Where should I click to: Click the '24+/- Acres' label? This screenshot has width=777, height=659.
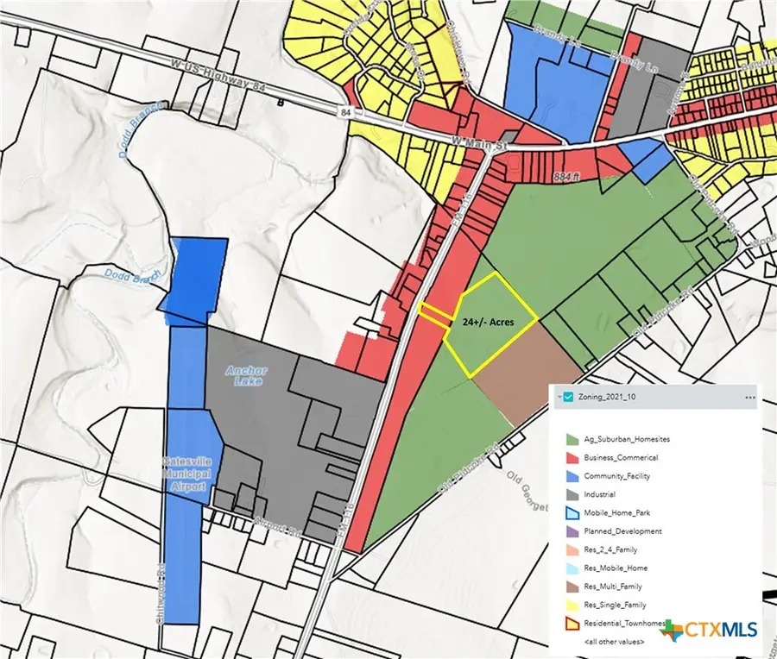click(488, 322)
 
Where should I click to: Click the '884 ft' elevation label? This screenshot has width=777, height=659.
click(566, 178)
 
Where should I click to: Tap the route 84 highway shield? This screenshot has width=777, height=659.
click(344, 112)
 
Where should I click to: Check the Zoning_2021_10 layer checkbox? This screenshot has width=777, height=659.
click(567, 397)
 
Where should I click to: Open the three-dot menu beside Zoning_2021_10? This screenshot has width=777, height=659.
click(749, 397)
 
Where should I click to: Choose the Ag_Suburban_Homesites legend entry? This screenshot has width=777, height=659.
click(626, 439)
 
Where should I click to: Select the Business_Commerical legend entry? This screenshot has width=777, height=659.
click(620, 457)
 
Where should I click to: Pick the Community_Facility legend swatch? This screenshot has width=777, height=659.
click(572, 476)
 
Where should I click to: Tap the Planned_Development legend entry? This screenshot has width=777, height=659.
click(622, 531)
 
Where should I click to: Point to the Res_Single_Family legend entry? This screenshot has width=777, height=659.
click(615, 605)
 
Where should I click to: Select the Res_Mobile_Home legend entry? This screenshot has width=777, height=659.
click(615, 568)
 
